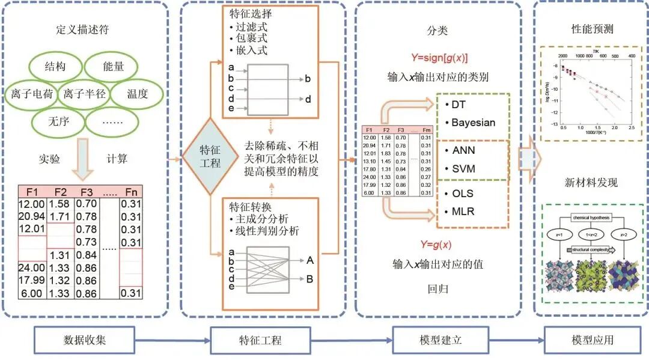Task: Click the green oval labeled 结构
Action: point(55,66)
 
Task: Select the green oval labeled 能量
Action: point(112,66)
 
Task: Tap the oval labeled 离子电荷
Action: point(32,94)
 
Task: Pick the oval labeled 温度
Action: point(137,94)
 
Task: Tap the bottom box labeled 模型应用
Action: point(593,340)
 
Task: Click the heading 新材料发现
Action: point(592,183)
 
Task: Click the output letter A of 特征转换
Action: point(310,260)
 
